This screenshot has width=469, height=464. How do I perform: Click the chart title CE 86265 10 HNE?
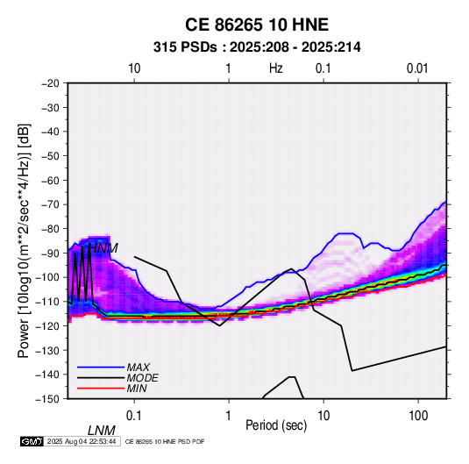click(257, 25)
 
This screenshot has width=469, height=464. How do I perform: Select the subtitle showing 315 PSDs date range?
click(257, 47)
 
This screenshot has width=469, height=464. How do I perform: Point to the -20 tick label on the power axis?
click(50, 83)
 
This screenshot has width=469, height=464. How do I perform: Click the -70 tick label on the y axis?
click(50, 204)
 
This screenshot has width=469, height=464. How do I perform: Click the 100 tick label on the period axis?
click(418, 416)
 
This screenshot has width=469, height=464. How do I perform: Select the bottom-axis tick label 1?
click(229, 416)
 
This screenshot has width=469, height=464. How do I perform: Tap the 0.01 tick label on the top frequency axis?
click(417, 68)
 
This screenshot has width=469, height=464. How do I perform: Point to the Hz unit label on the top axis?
click(276, 68)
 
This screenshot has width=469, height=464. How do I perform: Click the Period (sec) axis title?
click(276, 425)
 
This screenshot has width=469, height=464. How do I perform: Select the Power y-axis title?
click(24, 241)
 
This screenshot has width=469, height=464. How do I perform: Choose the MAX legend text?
click(139, 367)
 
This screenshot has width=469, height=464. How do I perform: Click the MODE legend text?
click(142, 378)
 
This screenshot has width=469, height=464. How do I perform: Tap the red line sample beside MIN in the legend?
click(101, 389)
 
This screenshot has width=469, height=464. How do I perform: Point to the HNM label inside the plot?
click(103, 248)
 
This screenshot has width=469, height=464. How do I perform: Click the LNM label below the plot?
click(102, 431)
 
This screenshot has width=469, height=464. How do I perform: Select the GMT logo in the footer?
click(32, 441)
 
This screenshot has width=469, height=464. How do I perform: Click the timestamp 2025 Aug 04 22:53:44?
click(82, 441)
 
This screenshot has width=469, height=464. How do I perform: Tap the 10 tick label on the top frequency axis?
click(134, 68)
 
